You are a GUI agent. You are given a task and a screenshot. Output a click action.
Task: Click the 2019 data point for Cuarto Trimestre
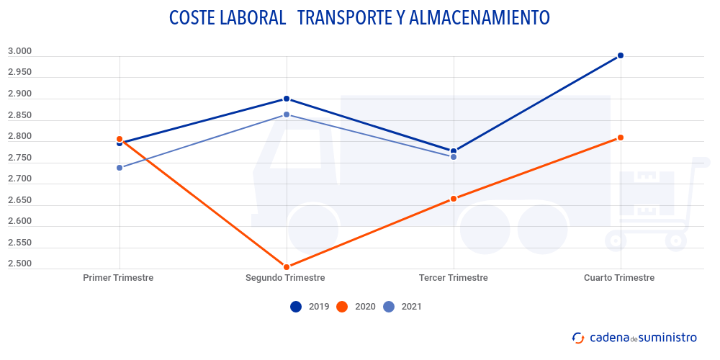(620, 55)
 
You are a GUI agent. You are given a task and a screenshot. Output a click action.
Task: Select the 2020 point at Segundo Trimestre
(287, 266)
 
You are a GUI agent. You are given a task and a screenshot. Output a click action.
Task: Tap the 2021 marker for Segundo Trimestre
(287, 114)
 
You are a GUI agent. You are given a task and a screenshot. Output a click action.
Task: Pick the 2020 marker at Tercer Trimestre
(454, 199)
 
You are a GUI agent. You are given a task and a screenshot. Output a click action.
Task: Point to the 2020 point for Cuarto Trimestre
(620, 138)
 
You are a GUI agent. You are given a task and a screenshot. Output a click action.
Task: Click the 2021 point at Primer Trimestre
(120, 168)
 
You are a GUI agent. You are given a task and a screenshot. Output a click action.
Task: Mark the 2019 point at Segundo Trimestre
(287, 99)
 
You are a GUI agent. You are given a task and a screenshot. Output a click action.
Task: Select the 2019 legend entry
(309, 307)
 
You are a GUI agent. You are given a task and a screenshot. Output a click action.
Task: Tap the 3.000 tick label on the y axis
(19, 51)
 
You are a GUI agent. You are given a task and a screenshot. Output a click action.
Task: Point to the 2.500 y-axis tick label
(19, 264)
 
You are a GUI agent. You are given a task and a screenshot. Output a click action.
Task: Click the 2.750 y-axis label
(19, 158)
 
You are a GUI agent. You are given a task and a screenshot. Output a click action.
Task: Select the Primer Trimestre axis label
(118, 278)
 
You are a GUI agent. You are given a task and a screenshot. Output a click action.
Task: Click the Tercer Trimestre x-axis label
(453, 278)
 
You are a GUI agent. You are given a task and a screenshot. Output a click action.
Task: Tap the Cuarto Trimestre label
(619, 278)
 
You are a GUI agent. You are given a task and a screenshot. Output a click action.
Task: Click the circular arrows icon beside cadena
(578, 337)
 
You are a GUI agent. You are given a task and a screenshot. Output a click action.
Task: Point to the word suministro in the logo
(668, 337)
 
